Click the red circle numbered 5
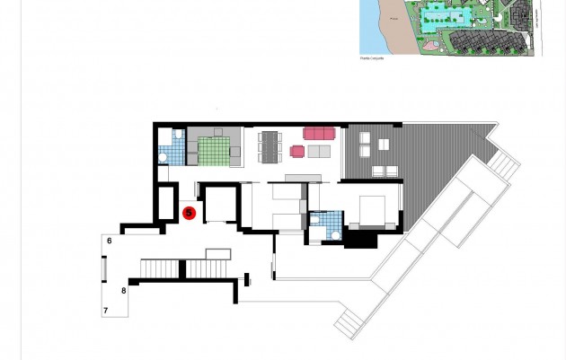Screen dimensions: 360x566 [190, 213]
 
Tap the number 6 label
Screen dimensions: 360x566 [109, 241]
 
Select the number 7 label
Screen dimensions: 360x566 [106, 311]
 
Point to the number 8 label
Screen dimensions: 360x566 [124, 290]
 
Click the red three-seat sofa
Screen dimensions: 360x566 [319, 133]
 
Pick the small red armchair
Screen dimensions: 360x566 [297, 151]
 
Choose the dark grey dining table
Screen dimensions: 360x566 [270, 147]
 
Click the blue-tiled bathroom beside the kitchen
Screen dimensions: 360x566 [172, 149]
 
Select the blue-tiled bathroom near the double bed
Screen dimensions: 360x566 [324, 224]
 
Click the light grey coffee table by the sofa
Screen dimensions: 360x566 [319, 151]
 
